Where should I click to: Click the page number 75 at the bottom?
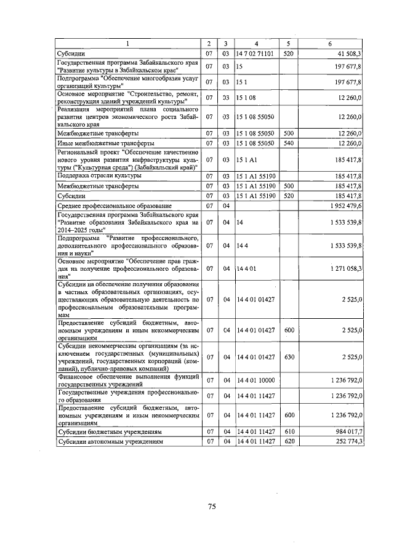211,507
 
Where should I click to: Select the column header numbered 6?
330,44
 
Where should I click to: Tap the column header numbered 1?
127,44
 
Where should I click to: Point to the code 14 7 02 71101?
255,54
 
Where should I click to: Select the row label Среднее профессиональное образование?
114,205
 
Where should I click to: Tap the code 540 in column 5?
288,143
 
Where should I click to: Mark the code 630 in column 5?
288,357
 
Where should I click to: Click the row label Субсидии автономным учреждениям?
111,442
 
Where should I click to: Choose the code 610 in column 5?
288,432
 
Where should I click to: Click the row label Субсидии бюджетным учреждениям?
109,432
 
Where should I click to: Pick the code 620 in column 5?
288,442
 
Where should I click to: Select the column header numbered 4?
256,44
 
